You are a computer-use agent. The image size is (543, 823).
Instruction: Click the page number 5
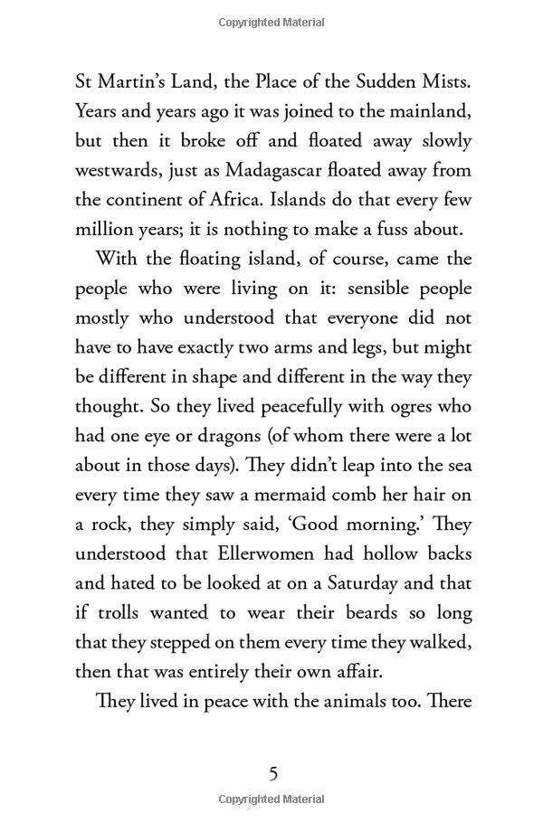[x=272, y=774]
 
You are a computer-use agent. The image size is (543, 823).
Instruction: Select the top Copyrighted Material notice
[x=271, y=23]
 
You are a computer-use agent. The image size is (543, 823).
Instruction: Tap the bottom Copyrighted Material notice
[x=271, y=799]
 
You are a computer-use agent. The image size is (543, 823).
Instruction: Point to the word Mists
[x=443, y=83]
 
